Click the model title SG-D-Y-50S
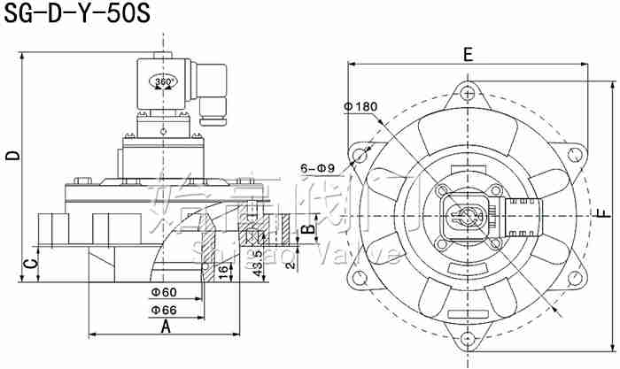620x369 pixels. point(67,15)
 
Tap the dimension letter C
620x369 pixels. point(28,264)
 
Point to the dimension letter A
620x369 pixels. point(164,326)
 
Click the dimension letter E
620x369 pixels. point(467,54)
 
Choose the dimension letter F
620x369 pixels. point(603,213)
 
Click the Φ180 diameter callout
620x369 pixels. point(361,107)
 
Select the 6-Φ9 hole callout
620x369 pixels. point(317,166)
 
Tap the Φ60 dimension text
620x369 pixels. point(164,291)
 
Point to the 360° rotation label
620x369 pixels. point(165,81)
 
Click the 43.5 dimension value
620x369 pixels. point(257,264)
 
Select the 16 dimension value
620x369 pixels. point(223,265)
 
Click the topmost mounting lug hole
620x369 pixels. point(467,91)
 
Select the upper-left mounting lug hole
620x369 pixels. point(358,157)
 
